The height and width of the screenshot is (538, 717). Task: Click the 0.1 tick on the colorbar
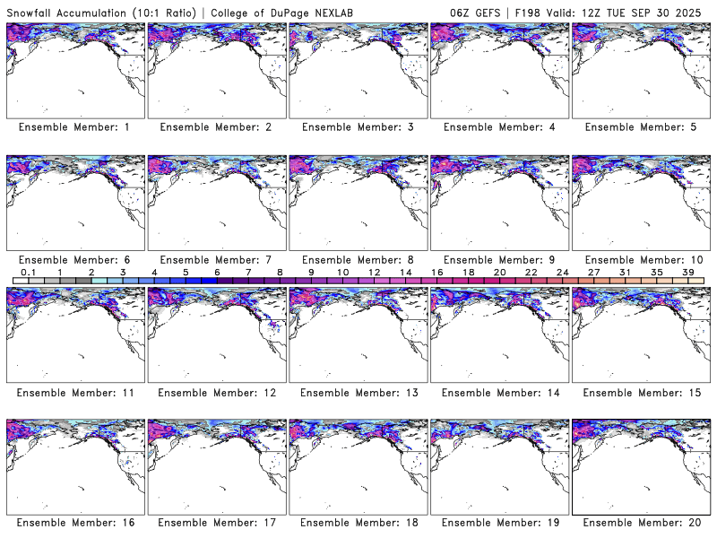[28, 272]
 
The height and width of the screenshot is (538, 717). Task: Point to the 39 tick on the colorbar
[687, 272]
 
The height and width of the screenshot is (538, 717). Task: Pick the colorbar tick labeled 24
[562, 272]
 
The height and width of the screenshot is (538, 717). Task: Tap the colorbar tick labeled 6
[217, 272]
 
